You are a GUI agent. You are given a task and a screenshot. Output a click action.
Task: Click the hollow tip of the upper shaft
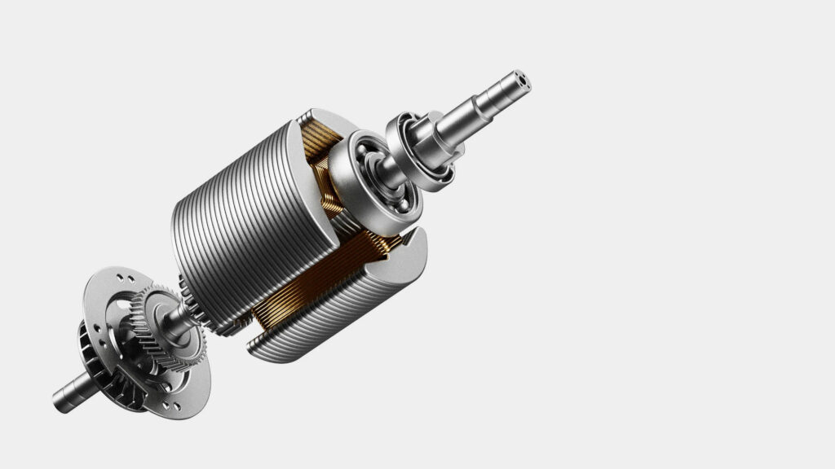pos(519,81)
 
